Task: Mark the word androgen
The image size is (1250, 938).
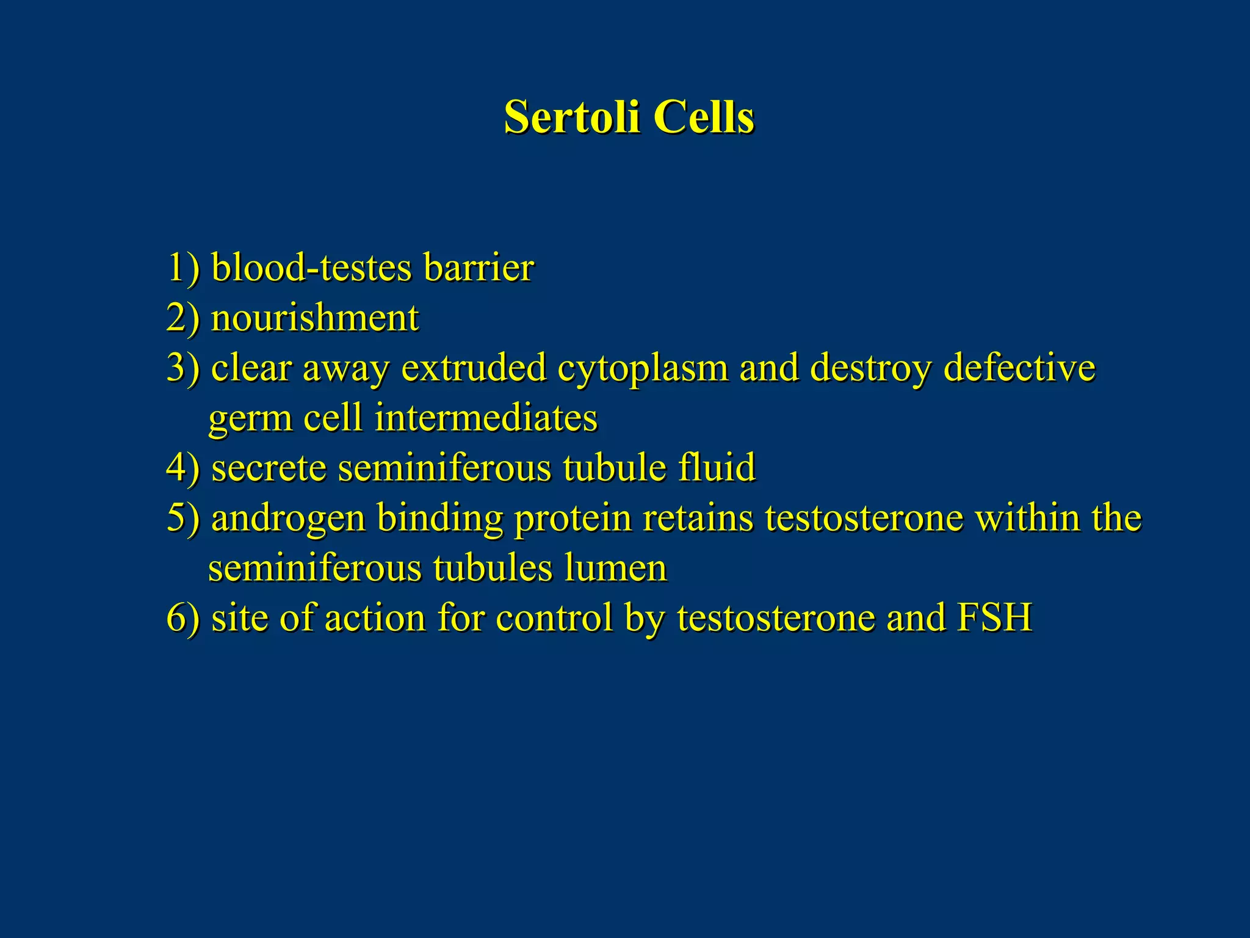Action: [288, 519]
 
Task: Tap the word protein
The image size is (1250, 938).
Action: [573, 519]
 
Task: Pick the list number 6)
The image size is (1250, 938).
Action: [183, 618]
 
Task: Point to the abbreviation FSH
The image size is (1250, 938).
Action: [994, 618]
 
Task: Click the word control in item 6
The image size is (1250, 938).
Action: [554, 618]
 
